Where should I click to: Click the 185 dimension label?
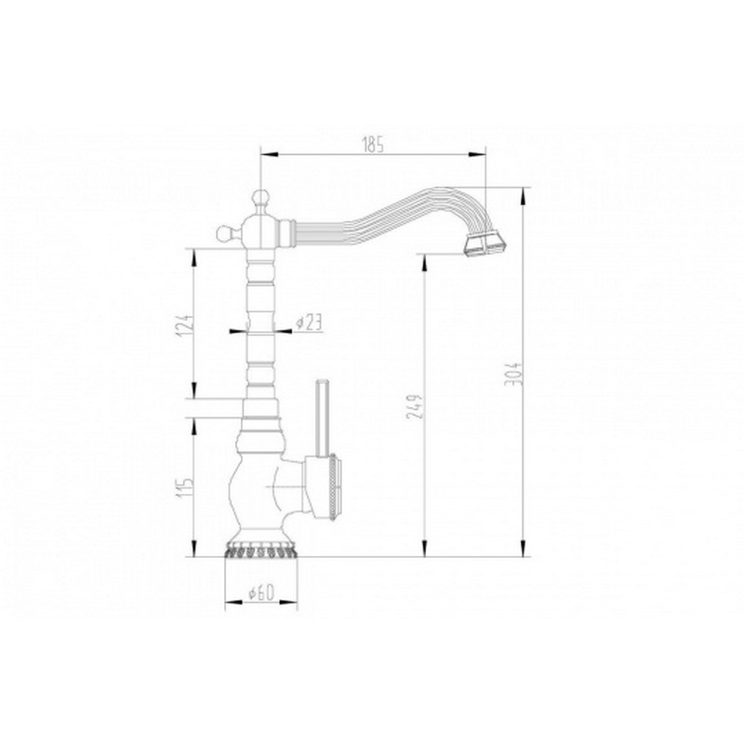click(373, 145)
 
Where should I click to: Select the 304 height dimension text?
click(514, 374)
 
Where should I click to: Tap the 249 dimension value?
click(414, 406)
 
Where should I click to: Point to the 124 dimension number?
click(187, 325)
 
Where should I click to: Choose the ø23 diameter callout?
click(309, 323)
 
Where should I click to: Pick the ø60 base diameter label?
click(261, 592)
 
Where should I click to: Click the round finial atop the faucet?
click(260, 198)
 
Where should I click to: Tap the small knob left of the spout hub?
click(226, 233)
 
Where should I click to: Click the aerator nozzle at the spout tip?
click(485, 246)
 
